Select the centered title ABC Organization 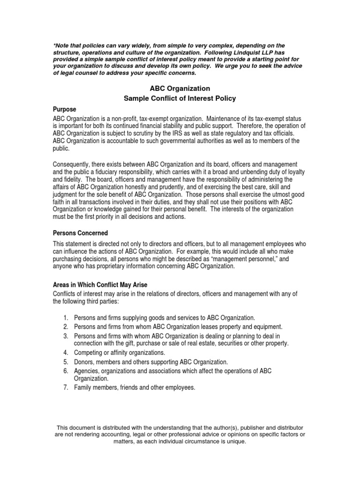(180, 88)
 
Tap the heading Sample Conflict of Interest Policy (180, 98)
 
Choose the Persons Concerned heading (80, 233)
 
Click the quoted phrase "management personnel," (248, 258)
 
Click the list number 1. (65, 318)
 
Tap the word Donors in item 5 (85, 362)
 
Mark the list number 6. (65, 371)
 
